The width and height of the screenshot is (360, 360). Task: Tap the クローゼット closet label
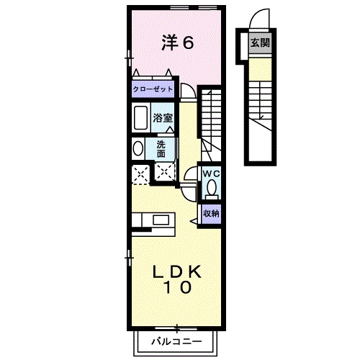153,90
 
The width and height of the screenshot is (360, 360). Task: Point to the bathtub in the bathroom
140,117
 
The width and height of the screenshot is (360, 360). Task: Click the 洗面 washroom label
161,148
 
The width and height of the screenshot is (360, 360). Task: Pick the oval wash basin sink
138,148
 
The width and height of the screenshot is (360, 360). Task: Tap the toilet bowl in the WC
212,189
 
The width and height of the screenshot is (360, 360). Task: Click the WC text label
210,174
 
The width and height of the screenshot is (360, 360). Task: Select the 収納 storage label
210,212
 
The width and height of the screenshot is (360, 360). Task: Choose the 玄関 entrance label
260,42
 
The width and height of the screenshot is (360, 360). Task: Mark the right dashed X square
165,173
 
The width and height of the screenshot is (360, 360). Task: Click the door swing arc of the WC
189,176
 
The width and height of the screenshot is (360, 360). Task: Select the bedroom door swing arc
187,90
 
